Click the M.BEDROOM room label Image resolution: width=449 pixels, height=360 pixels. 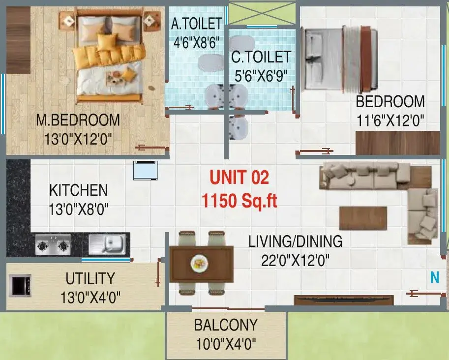click(x=78, y=120)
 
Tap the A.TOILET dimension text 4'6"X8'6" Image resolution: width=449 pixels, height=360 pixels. click(x=197, y=43)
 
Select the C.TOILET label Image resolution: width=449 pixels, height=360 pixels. click(x=261, y=57)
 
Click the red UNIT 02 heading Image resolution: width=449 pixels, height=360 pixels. click(x=239, y=177)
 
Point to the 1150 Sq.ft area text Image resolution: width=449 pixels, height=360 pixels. click(x=239, y=200)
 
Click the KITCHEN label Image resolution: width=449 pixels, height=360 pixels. click(x=79, y=190)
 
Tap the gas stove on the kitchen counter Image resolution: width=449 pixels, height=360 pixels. click(x=53, y=245)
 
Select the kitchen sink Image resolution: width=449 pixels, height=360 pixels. click(x=107, y=244)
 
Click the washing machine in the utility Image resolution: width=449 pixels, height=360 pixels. click(x=20, y=286)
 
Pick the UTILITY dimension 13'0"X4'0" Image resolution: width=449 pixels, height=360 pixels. click(x=90, y=297)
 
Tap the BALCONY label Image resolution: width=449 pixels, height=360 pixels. click(x=226, y=325)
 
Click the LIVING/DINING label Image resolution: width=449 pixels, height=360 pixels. click(x=295, y=241)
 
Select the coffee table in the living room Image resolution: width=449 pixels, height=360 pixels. click(x=363, y=218)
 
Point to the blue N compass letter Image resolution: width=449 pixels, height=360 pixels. click(x=435, y=277)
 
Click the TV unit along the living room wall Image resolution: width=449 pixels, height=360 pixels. click(x=344, y=300)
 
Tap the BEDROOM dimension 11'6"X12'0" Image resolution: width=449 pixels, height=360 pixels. click(x=390, y=120)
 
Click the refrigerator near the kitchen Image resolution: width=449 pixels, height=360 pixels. click(x=146, y=171)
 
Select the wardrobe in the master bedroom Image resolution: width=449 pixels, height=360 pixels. click(x=18, y=40)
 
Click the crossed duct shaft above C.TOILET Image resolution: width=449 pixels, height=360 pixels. click(x=262, y=13)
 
